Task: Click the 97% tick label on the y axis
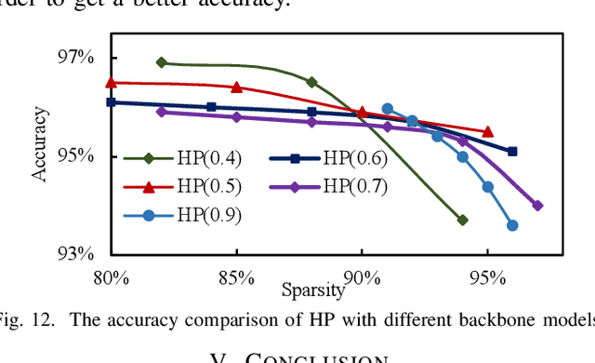(x=75, y=58)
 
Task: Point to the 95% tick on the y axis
(x=75, y=156)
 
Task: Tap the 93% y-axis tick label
(x=75, y=254)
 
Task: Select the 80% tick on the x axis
(x=110, y=276)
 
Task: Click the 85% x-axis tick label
(x=236, y=276)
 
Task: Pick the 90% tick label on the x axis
(x=362, y=276)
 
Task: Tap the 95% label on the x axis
(x=487, y=276)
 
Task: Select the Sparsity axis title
(x=313, y=289)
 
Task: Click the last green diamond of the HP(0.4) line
(x=462, y=220)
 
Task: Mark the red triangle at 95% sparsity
(x=487, y=132)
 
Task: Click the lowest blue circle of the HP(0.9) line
(x=512, y=225)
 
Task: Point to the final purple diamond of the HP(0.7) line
(x=537, y=206)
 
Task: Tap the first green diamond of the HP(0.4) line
(x=161, y=62)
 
